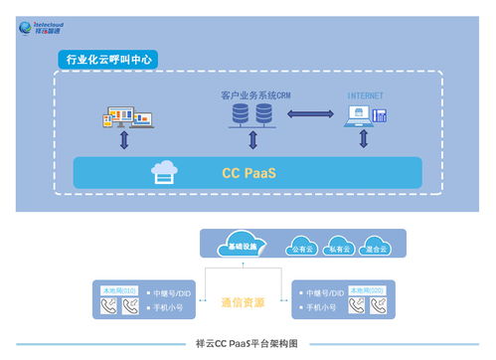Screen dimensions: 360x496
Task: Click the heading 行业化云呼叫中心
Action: (108, 61)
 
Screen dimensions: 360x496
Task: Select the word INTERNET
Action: (365, 96)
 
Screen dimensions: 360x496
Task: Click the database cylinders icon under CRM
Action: (251, 115)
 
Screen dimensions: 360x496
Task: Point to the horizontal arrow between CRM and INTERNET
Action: (309, 115)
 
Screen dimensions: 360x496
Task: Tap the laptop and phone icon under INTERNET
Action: (365, 116)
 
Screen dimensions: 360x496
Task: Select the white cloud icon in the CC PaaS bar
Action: (164, 172)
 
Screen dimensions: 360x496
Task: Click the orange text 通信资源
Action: (244, 301)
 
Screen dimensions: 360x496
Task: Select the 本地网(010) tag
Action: (117, 288)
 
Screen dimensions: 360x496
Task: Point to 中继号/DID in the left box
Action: (177, 294)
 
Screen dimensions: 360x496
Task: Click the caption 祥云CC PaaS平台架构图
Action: (248, 343)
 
